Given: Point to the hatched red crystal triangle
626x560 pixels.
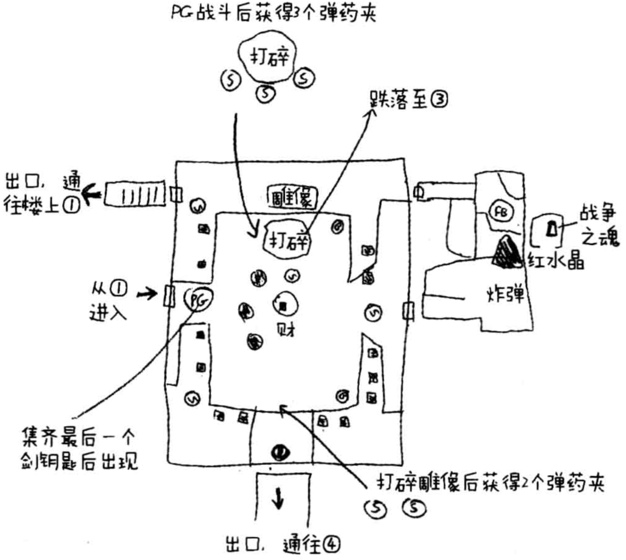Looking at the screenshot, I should coord(506,252).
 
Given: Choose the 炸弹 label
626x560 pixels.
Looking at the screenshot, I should coord(505,295).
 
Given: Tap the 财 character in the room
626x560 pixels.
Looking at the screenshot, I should coord(286,330).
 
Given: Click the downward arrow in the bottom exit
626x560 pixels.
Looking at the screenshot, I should coord(279,498).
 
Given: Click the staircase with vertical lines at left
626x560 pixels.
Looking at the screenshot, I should coord(135,194).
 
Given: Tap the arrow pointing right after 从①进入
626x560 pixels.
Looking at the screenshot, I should coord(147,294).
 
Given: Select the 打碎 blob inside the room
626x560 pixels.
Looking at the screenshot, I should coord(287,240).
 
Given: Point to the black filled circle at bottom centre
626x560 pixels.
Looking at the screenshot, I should coord(280,452).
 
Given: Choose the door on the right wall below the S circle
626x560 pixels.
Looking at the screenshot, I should coord(408,311).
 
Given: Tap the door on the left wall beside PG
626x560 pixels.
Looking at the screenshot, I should coord(169,296).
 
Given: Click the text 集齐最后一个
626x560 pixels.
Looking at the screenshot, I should coord(78,438).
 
